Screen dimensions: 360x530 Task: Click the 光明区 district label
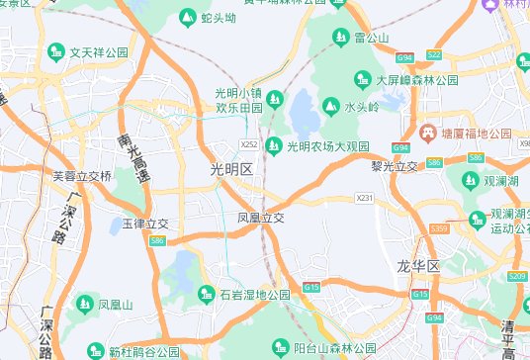click(232, 169)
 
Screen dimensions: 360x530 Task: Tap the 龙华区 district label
click(418, 267)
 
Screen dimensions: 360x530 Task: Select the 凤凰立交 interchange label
click(260, 218)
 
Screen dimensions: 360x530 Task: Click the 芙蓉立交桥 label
click(82, 176)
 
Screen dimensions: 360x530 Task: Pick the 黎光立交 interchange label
click(395, 165)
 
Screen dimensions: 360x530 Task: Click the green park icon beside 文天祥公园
click(57, 51)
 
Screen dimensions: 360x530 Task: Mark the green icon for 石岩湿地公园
click(206, 294)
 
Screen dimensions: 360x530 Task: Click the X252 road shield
click(249, 144)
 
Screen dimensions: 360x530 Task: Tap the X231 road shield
click(364, 199)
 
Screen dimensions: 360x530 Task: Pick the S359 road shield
click(440, 229)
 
